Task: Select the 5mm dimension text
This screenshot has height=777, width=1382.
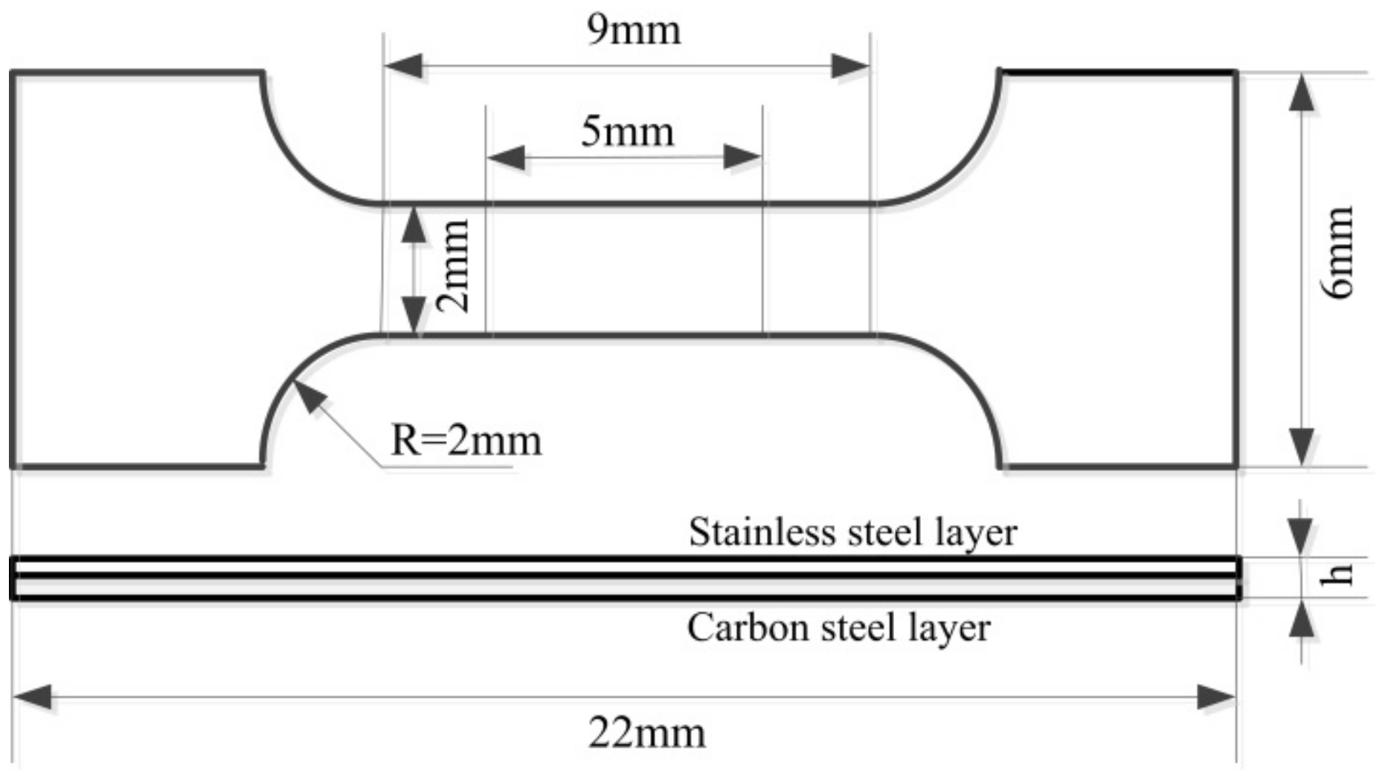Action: coord(627,132)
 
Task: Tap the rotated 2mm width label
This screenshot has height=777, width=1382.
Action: coord(452,266)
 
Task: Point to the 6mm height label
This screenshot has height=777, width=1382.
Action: coord(1339,253)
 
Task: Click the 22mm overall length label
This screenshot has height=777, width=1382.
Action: coord(646,733)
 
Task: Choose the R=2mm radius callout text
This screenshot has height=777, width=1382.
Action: coord(466,441)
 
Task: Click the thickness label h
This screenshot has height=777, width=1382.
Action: coord(1339,575)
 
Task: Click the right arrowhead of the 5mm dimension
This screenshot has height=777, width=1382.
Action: coord(743,157)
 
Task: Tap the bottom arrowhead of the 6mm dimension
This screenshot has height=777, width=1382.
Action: coord(1300,447)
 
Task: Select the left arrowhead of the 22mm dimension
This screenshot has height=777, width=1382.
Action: coord(32,698)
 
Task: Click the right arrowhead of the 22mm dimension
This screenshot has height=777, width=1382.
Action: coord(1216,698)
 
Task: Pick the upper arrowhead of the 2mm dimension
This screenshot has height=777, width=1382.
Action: coord(414,226)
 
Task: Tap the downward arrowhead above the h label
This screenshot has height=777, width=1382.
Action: coord(1300,535)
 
